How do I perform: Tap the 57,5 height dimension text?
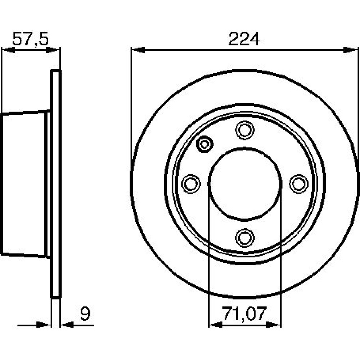pyautogui.click(x=31, y=39)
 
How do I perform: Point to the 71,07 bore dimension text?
pyautogui.click(x=244, y=314)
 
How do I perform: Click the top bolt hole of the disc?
pyautogui.click(x=245, y=130)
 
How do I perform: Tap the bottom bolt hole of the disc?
pyautogui.click(x=245, y=238)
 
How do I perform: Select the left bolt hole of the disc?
pyautogui.click(x=191, y=184)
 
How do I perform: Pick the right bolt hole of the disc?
pyautogui.click(x=298, y=184)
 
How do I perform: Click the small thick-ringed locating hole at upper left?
pyautogui.click(x=205, y=144)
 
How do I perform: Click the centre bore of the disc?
pyautogui.click(x=245, y=184)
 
